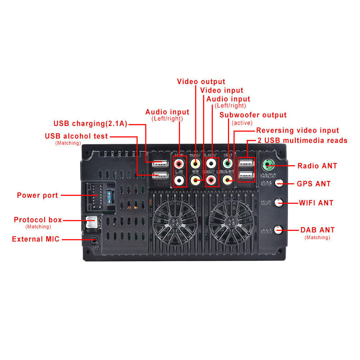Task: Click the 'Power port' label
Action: coord(37,195)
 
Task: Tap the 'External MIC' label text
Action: coord(36,239)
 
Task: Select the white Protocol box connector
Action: coord(90,222)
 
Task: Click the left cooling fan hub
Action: coord(175,222)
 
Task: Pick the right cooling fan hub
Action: coord(231,222)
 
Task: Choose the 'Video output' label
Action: coord(201,82)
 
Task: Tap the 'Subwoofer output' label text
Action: coord(253,115)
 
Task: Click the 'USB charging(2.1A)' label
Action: coord(90,124)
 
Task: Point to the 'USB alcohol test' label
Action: coord(76,136)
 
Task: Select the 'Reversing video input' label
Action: coord(298,131)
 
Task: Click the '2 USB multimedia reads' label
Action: coord(302,140)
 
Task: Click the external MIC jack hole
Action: coord(94,240)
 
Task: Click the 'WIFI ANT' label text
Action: coord(316,203)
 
